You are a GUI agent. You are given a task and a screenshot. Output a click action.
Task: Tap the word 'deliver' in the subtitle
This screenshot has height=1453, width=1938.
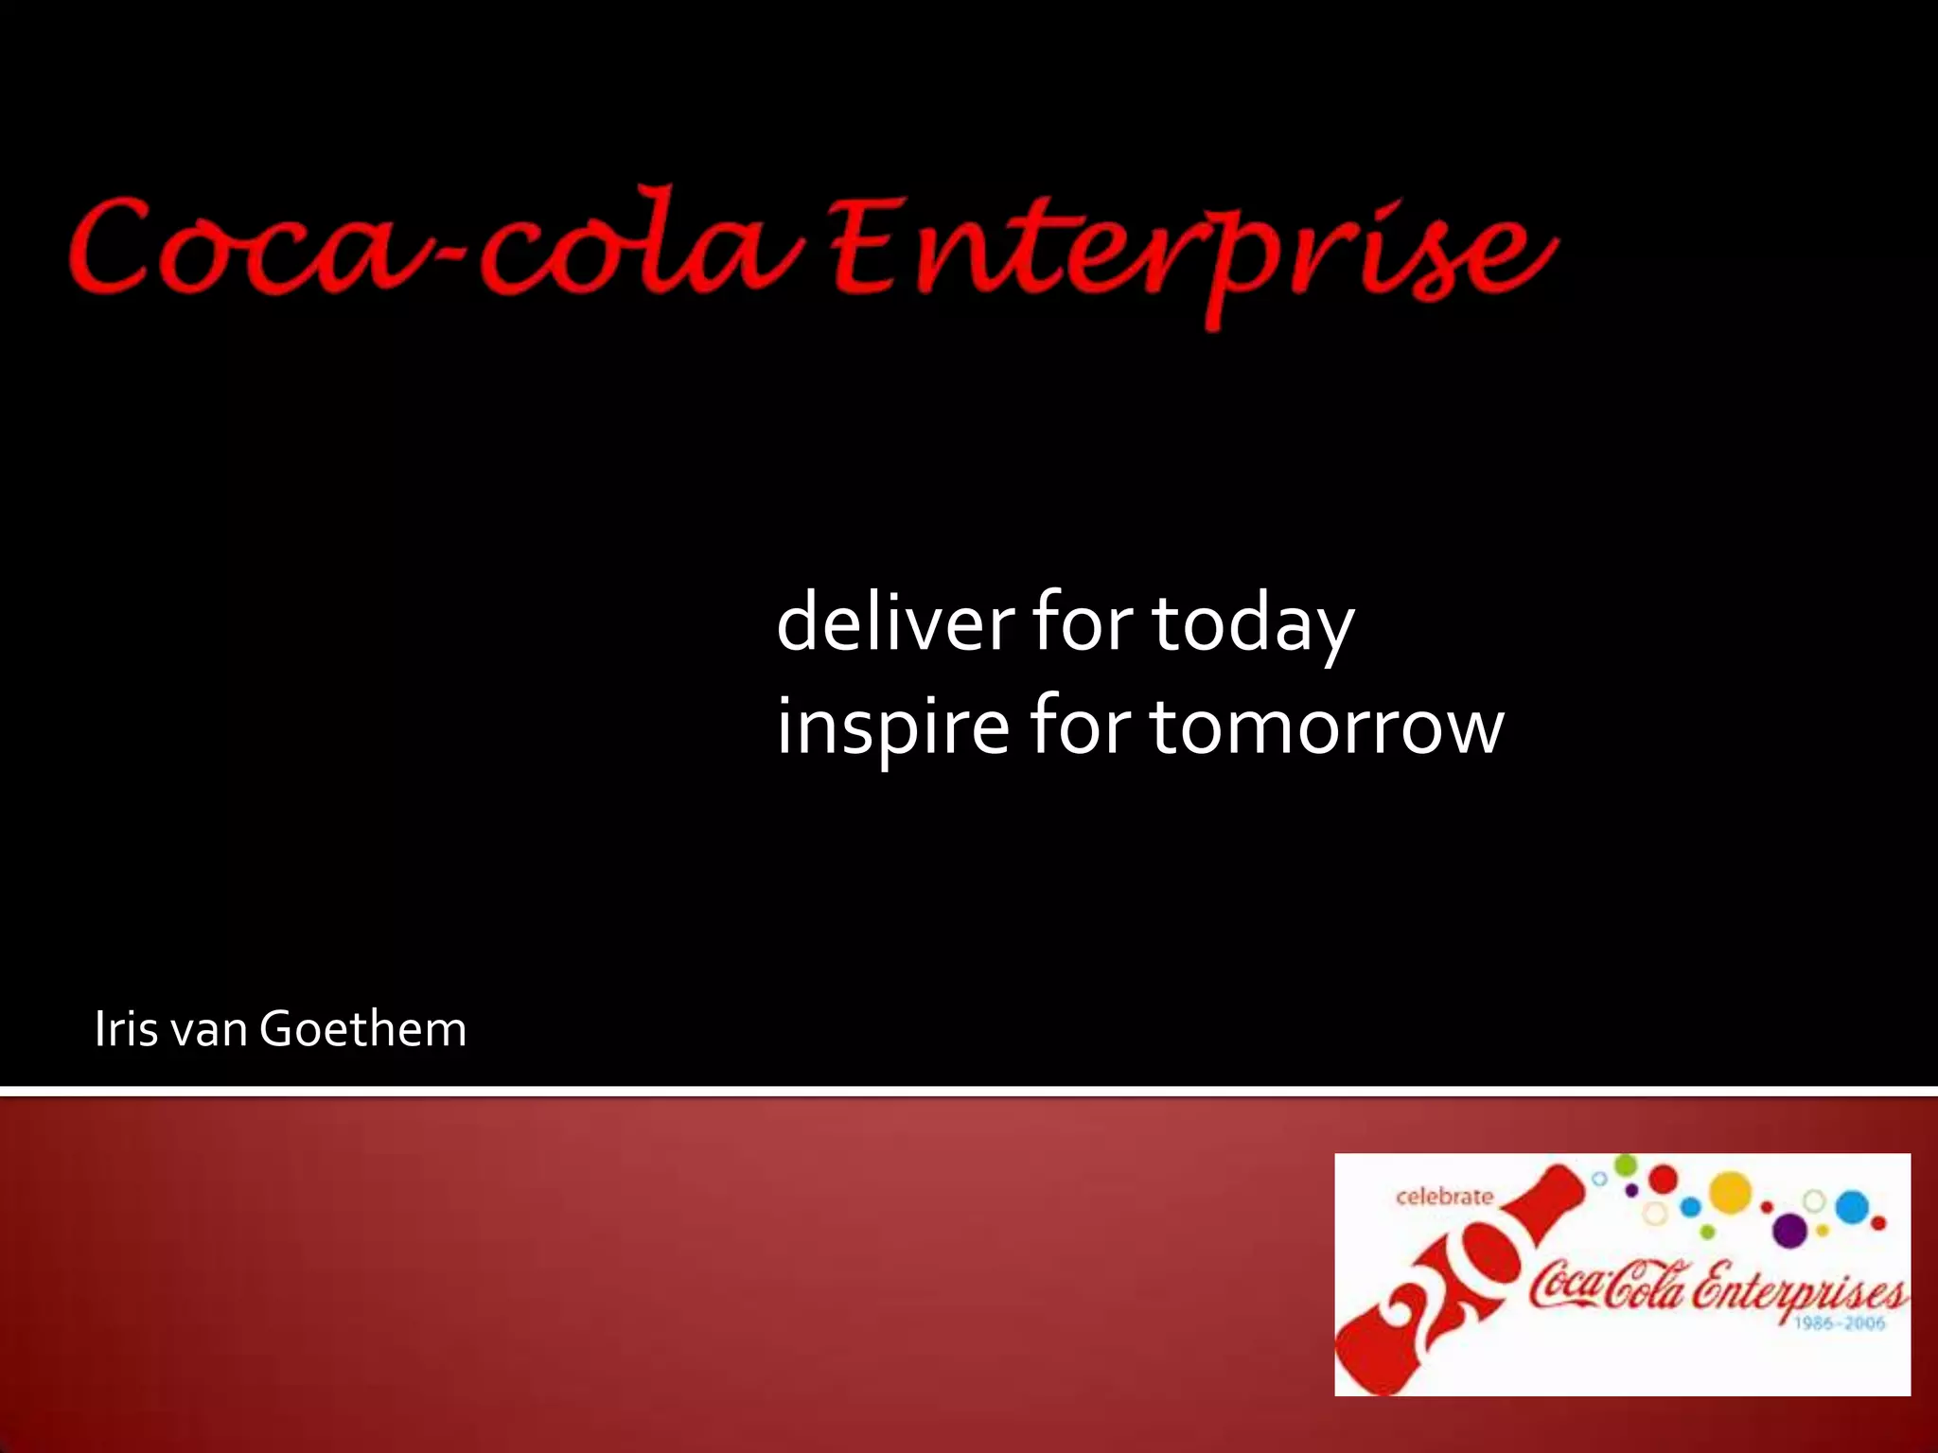click(894, 621)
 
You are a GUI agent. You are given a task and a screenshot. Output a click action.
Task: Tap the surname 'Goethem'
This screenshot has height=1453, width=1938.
click(362, 1029)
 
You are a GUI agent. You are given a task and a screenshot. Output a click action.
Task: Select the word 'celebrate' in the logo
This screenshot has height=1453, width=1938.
click(1444, 1197)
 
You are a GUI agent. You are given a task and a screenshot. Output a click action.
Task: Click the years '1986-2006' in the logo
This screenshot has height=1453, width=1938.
click(1840, 1323)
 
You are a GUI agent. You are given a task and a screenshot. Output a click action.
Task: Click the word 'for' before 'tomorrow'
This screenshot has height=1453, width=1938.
click(1080, 726)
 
